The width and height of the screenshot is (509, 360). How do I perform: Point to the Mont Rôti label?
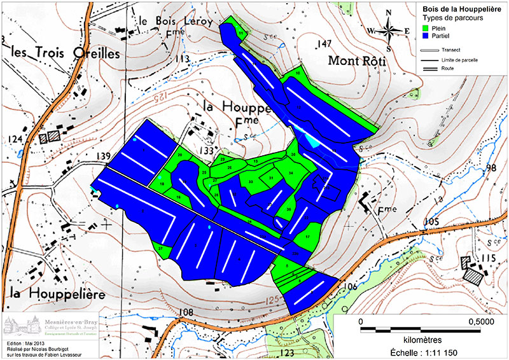point(358,61)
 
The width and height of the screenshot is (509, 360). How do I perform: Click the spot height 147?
point(325,43)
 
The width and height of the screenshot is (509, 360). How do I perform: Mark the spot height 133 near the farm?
point(206,150)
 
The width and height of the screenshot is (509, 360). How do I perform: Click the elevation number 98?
point(490,168)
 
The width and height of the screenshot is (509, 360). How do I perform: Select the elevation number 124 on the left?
point(15,139)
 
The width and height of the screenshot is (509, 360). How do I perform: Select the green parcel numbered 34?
point(290,173)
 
